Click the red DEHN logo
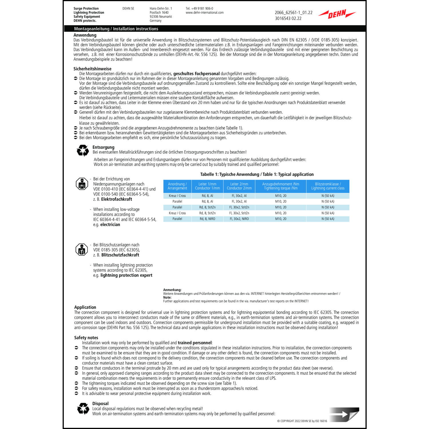pyautogui.click(x=337, y=14)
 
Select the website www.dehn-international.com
pyautogui.click(x=204, y=13)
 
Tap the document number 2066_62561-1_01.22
pyautogui.click(x=293, y=13)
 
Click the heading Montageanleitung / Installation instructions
pyautogui.click(x=116, y=29)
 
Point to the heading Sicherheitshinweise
pyautogui.click(x=92, y=69)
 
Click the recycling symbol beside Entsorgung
pyautogui.click(x=83, y=150)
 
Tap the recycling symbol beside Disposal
pyautogui.click(x=83, y=409)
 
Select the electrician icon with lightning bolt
pyautogui.click(x=82, y=184)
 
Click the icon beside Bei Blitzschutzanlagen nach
pyautogui.click(x=82, y=250)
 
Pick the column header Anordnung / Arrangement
pyautogui.click(x=177, y=186)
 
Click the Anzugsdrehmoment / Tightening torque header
pyautogui.click(x=281, y=186)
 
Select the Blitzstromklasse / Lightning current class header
pyautogui.click(x=328, y=186)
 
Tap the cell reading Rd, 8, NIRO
pyautogui.click(x=207, y=219)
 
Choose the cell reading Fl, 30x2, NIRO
pyautogui.click(x=239, y=219)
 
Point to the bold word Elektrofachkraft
pyautogui.click(x=117, y=199)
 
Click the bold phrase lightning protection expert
pyautogui.click(x=126, y=275)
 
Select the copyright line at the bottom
pyautogui.click(x=302, y=421)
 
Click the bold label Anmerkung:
pyautogui.click(x=172, y=290)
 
